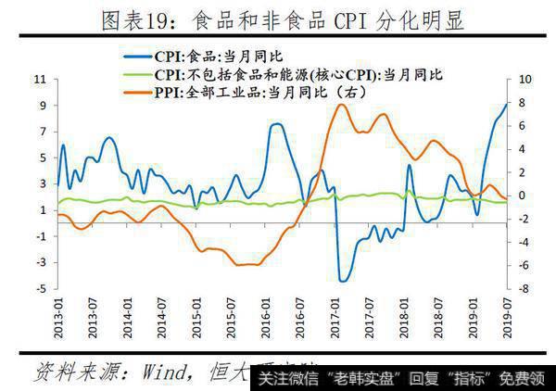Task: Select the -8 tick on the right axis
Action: (524, 289)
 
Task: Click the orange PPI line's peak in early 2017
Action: (340, 105)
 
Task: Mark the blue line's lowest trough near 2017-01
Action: (342, 281)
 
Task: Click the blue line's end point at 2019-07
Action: (507, 105)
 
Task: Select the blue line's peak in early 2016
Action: (276, 124)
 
